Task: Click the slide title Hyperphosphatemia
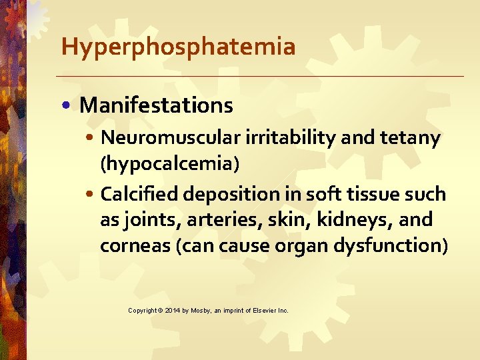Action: coord(178,47)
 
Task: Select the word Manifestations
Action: coord(156,105)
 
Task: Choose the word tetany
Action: coord(411,139)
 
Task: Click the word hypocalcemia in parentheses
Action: coord(169,164)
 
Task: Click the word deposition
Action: coord(225,195)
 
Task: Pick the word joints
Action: coord(147,220)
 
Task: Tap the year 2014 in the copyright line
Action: coord(171,311)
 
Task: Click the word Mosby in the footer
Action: coord(202,311)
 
